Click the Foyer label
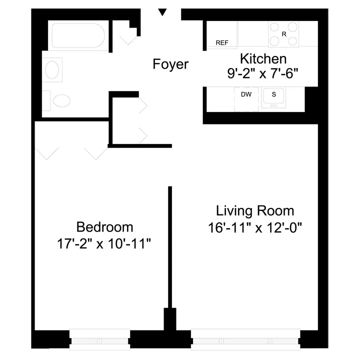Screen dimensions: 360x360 (170, 64)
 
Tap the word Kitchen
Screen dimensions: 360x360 (263, 58)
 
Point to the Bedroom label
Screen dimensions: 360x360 (104, 227)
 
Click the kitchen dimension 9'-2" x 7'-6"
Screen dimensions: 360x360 (262, 73)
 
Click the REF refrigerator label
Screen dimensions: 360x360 (221, 43)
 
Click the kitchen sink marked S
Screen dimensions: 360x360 (273, 96)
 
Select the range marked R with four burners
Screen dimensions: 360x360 (284, 34)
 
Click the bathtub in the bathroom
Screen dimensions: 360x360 (78, 36)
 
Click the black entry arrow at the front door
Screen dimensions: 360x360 (162, 12)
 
